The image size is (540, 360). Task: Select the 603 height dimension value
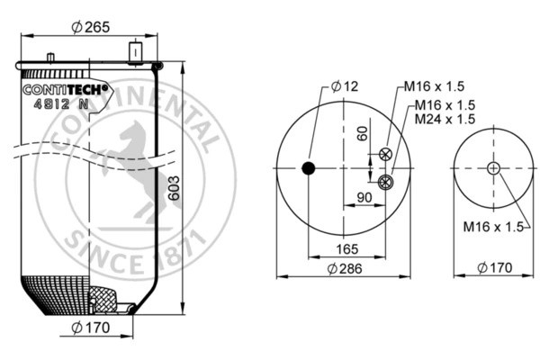(174, 189)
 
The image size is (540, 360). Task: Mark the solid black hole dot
(309, 168)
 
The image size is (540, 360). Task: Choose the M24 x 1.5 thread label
(445, 119)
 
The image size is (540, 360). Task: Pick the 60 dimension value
(362, 132)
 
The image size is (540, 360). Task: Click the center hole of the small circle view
(492, 168)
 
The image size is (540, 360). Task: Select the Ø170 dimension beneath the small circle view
(492, 268)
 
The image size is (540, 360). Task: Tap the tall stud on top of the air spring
(137, 52)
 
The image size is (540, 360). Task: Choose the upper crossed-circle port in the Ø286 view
(386, 154)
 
